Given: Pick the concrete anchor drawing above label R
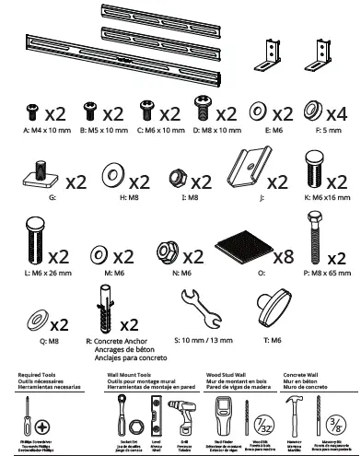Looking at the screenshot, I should pyautogui.click(x=104, y=310).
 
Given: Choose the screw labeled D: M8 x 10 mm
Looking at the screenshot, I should pyautogui.click(x=204, y=113).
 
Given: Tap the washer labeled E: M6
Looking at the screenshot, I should pyautogui.click(x=259, y=113).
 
